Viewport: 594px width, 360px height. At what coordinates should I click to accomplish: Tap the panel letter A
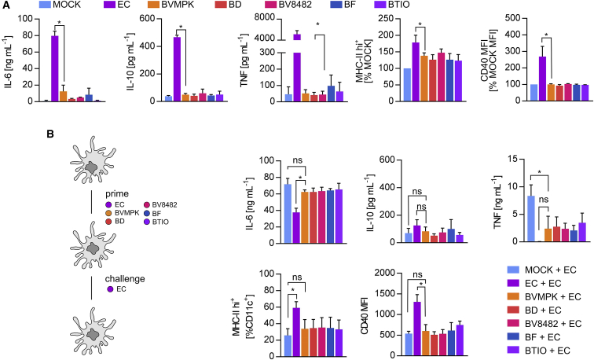5,6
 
